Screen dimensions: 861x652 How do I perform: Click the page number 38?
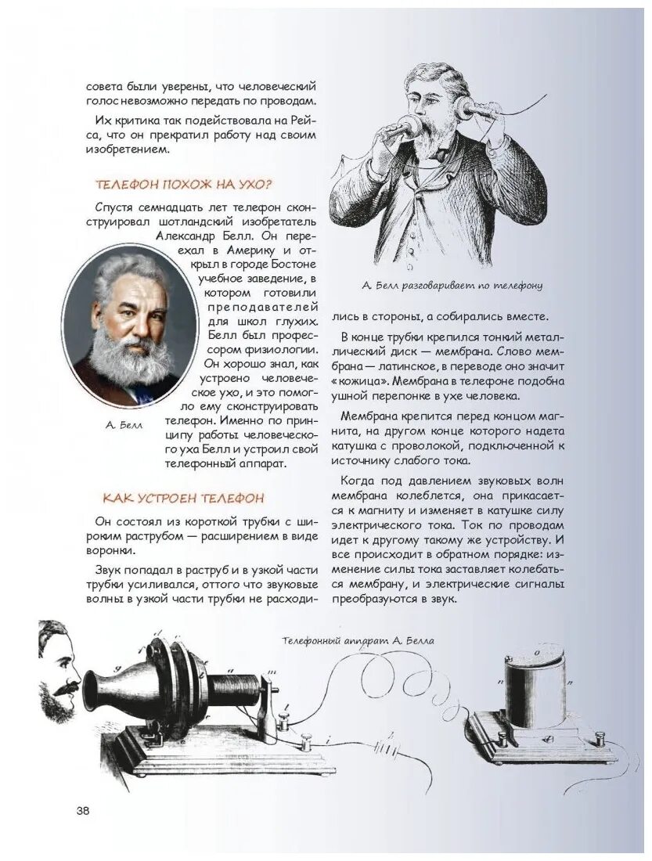pyautogui.click(x=83, y=810)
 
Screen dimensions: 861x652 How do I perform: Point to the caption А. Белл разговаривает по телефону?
pyautogui.click(x=452, y=286)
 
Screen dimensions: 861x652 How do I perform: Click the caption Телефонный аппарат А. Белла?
pyautogui.click(x=358, y=640)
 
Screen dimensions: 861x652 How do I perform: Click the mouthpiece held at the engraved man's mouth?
pyautogui.click(x=408, y=125)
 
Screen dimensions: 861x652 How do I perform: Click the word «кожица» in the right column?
pyautogui.click(x=354, y=381)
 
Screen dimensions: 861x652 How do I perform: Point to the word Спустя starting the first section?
pyautogui.click(x=114, y=206)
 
